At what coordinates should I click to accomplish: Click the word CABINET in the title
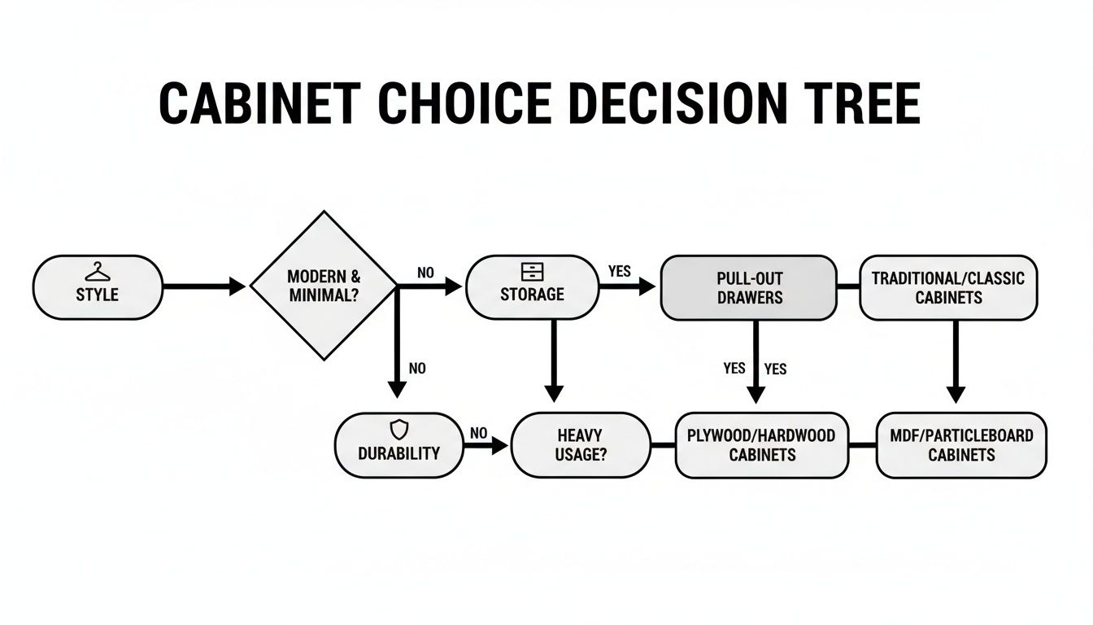pyautogui.click(x=259, y=104)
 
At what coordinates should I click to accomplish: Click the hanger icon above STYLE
pyautogui.click(x=97, y=271)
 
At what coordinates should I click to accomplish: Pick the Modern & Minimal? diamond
pyautogui.click(x=324, y=286)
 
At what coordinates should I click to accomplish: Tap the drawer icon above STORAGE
pyautogui.click(x=532, y=272)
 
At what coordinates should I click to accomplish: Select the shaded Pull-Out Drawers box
pyautogui.click(x=748, y=287)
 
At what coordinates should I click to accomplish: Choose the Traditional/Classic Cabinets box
pyautogui.click(x=948, y=287)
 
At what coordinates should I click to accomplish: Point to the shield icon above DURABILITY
pyautogui.click(x=399, y=430)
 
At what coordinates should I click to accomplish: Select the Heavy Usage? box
pyautogui.click(x=581, y=445)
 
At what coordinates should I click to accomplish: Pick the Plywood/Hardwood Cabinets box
pyautogui.click(x=761, y=445)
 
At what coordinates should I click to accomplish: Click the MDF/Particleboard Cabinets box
pyautogui.click(x=961, y=445)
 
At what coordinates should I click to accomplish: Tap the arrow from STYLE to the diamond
pyautogui.click(x=203, y=286)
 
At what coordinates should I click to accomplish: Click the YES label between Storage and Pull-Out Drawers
pyautogui.click(x=620, y=272)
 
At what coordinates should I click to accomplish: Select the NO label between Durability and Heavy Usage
pyautogui.click(x=478, y=434)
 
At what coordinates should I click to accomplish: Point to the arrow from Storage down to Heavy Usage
pyautogui.click(x=553, y=358)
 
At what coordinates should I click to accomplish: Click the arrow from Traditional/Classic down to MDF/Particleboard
pyautogui.click(x=956, y=358)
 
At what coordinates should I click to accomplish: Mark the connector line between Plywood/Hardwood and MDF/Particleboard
pyautogui.click(x=862, y=445)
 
